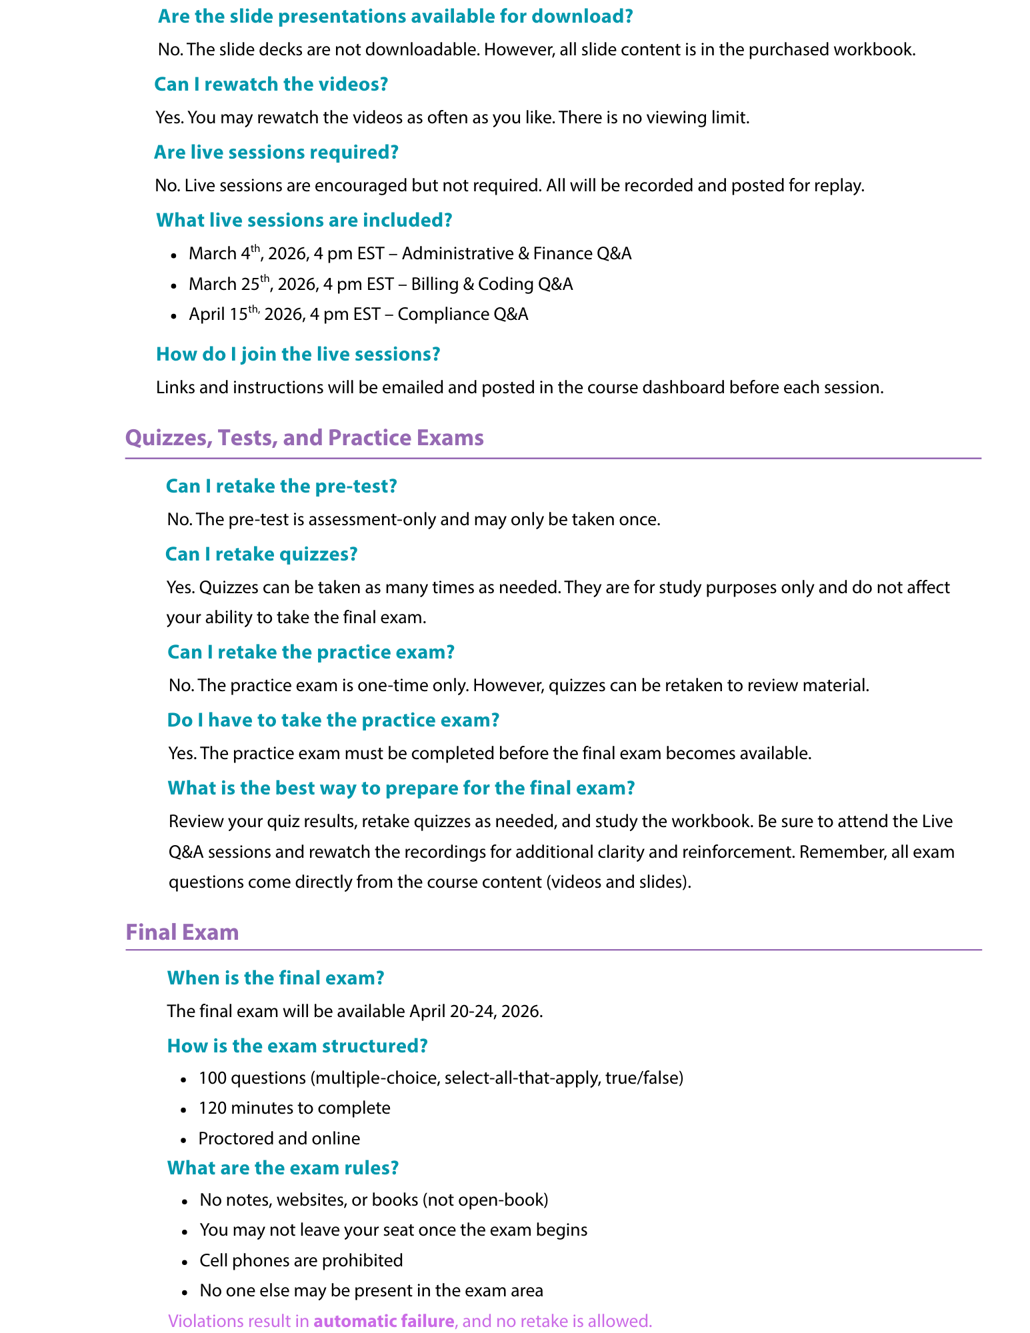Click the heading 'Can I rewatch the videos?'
click(271, 85)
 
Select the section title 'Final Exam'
click(182, 932)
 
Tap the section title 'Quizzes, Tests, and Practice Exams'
click(304, 438)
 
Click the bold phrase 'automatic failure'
click(384, 1320)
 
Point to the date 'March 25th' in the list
click(230, 285)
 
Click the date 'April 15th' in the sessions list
click(224, 314)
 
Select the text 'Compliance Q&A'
click(463, 314)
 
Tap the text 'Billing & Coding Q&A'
click(492, 285)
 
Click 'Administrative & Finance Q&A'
click(517, 254)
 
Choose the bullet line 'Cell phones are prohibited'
click(301, 1260)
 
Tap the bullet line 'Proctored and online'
click(279, 1138)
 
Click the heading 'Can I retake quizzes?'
click(261, 554)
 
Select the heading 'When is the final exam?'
click(275, 978)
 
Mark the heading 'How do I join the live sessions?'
click(298, 354)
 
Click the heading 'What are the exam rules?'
click(283, 1168)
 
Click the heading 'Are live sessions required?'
click(276, 153)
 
